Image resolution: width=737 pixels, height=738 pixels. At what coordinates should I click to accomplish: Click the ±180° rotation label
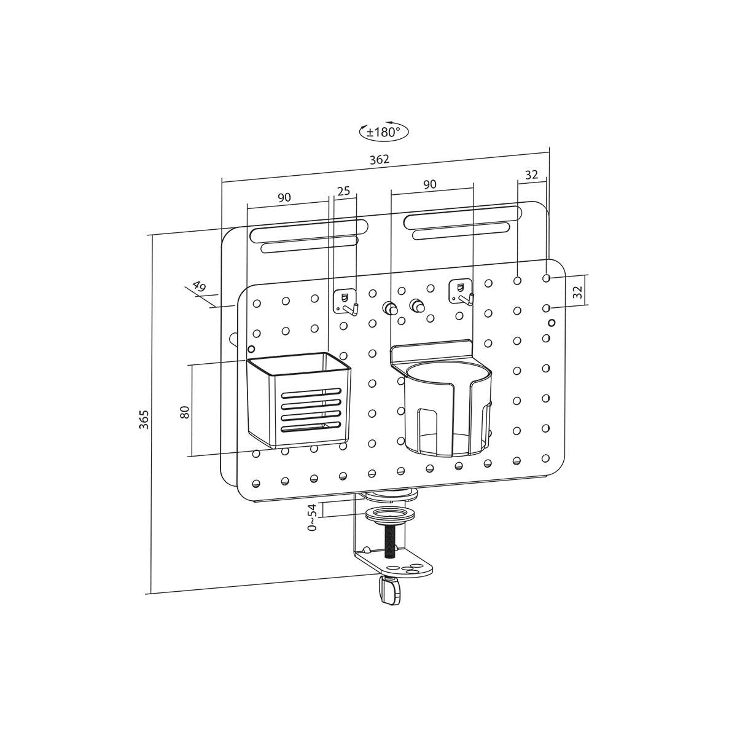point(383,132)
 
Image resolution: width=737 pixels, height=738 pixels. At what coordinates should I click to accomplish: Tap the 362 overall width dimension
point(380,159)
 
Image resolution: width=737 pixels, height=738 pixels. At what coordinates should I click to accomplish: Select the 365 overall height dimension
point(143,419)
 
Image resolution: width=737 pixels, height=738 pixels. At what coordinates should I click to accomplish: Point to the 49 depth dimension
point(199,286)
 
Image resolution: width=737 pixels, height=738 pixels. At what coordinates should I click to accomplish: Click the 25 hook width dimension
point(344,190)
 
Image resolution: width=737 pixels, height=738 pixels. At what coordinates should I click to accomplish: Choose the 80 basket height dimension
point(185,412)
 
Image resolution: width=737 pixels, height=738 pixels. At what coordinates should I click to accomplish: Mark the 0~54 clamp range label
point(313,517)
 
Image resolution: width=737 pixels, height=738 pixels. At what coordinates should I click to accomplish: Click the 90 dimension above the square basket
point(284,198)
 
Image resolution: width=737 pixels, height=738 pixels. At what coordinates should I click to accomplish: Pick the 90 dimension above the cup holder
point(430,184)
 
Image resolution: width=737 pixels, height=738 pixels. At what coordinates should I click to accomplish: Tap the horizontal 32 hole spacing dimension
point(531,175)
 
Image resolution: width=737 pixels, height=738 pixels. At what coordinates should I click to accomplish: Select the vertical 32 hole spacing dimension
point(578,292)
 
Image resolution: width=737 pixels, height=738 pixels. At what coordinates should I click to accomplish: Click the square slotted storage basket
point(298,400)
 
